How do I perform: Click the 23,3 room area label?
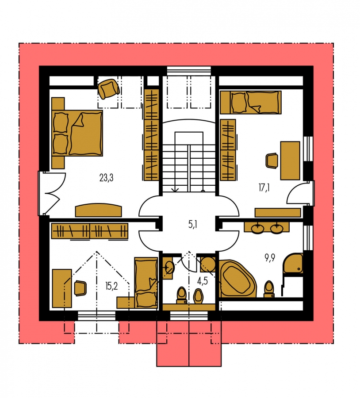[107, 178]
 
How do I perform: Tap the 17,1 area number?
[264, 188]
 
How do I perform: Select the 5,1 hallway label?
[193, 224]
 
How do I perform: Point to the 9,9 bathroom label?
[270, 258]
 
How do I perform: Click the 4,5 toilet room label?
[203, 281]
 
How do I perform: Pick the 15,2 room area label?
[111, 286]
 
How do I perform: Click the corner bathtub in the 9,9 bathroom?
[237, 278]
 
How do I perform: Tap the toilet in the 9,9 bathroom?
[269, 289]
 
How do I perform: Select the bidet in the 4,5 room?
[199, 296]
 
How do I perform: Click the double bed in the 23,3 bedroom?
[77, 133]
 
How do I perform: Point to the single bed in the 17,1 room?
[251, 102]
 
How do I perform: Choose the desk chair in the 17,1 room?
[272, 161]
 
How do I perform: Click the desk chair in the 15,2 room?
[80, 288]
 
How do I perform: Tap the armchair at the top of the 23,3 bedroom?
[109, 88]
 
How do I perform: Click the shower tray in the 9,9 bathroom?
[293, 263]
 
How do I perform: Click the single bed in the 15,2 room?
[146, 283]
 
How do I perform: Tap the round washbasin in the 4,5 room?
[169, 268]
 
